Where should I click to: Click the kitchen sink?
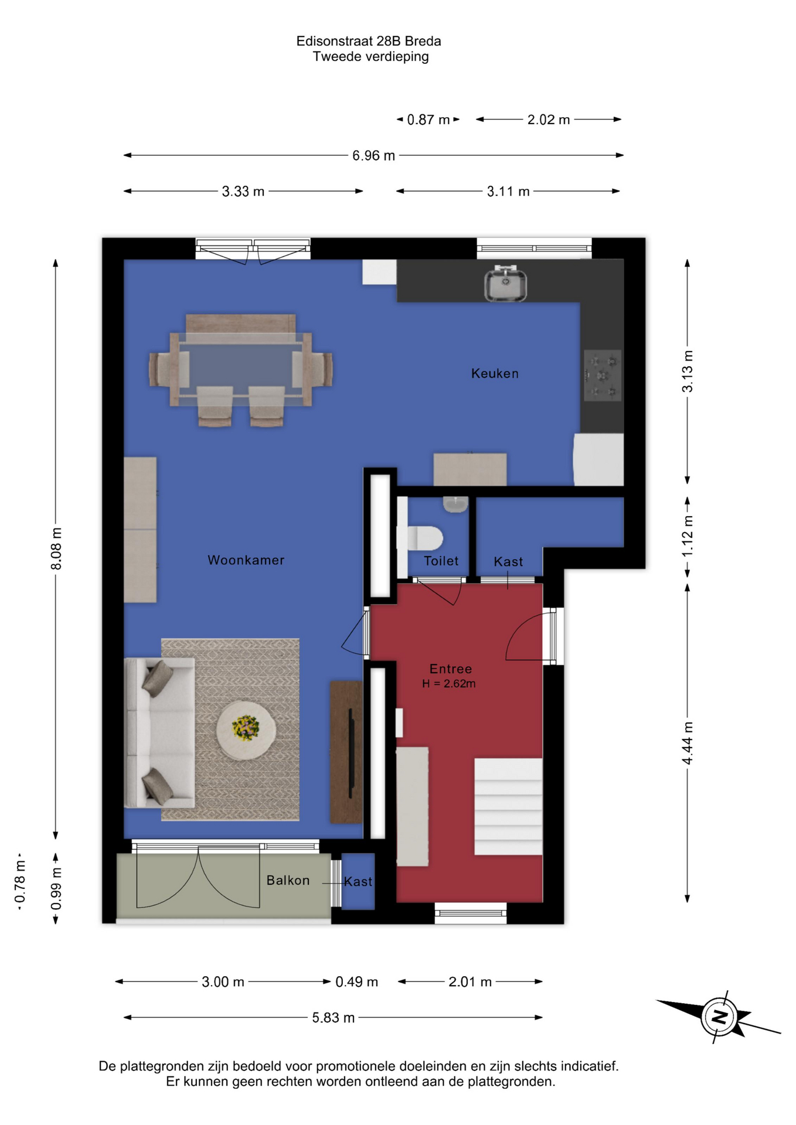[x=505, y=283]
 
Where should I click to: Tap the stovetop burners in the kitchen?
[x=602, y=375]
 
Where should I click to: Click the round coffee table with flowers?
[x=246, y=729]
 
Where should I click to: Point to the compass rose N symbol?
[x=719, y=1016]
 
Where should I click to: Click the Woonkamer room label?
[x=246, y=560]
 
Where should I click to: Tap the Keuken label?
[x=495, y=373]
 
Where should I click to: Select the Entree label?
[x=450, y=669]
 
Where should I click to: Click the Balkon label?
[x=288, y=880]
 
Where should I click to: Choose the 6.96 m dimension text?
[x=373, y=155]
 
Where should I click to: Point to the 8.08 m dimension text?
[x=56, y=548]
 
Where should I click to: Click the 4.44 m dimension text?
[x=688, y=743]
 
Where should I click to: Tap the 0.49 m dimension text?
[x=356, y=981]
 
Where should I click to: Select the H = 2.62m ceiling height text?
[x=448, y=683]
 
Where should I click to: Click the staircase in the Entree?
[x=508, y=806]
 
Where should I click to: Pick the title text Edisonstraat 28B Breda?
[x=369, y=41]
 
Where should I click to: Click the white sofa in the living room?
[x=159, y=732]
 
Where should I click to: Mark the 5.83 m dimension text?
[x=333, y=1018]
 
